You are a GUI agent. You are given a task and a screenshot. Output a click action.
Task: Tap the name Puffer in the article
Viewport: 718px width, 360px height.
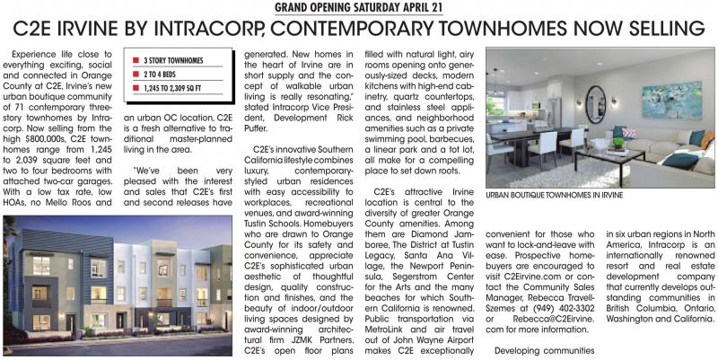coord(261,127)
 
